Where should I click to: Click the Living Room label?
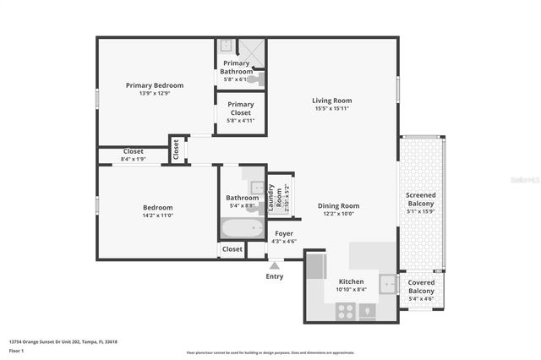coord(331,101)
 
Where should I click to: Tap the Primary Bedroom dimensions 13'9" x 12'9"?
coord(155,94)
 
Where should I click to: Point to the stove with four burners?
coord(346,310)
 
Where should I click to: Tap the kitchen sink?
coord(387,284)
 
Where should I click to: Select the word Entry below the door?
coord(275,276)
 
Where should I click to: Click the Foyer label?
coord(284,232)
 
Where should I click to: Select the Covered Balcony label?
coord(420,286)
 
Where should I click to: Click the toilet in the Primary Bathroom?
coord(259,79)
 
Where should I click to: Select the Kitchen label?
coord(351,281)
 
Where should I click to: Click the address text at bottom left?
coord(63,341)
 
